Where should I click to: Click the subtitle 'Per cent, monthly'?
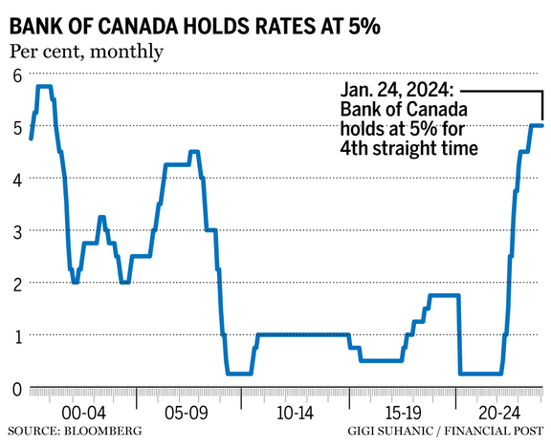point(87,51)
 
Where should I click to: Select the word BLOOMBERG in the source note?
point(107,432)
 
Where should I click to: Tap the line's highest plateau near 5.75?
point(44,87)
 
